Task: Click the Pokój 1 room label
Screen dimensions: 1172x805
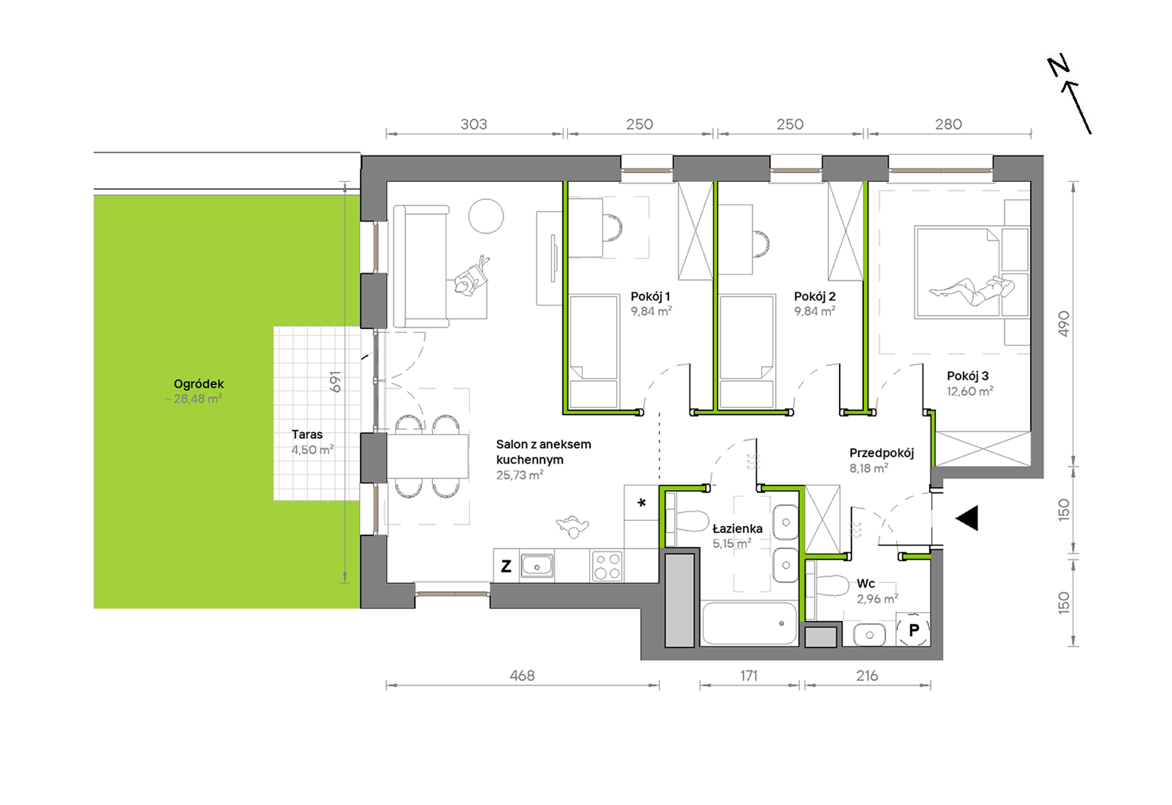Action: click(650, 296)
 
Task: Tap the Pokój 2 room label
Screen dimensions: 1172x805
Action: click(814, 296)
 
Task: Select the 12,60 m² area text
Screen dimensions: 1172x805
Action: click(970, 391)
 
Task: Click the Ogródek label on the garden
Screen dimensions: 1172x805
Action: click(199, 384)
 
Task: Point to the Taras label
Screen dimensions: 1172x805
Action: click(307, 435)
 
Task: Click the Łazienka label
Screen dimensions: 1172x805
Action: click(737, 528)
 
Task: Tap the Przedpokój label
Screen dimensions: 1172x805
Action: click(881, 453)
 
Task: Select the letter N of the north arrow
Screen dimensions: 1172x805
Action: click(1059, 66)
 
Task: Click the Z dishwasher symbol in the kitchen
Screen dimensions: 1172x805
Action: click(506, 566)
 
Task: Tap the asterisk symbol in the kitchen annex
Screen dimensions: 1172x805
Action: click(642, 503)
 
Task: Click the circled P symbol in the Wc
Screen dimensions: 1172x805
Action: click(914, 629)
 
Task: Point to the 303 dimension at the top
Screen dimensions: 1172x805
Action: click(474, 125)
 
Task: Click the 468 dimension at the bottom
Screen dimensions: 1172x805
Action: click(522, 676)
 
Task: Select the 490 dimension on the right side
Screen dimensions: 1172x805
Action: click(1063, 324)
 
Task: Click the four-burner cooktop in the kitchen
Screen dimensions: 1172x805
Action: click(607, 566)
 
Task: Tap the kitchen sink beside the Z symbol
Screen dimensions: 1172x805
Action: click(537, 566)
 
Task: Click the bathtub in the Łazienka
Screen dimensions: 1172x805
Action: click(749, 624)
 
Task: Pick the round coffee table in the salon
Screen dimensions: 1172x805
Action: click(486, 216)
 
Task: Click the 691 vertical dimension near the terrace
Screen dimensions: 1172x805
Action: click(335, 382)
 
